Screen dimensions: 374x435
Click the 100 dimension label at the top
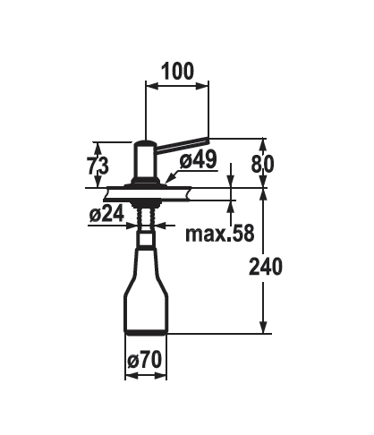coord(177,72)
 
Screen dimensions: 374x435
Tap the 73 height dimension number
coord(98,166)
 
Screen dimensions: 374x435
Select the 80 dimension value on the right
coord(262,164)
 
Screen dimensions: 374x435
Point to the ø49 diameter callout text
coord(198,159)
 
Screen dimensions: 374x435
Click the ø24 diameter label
coord(106,214)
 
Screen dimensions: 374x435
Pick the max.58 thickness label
coord(220,233)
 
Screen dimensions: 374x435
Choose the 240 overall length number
coord(266,267)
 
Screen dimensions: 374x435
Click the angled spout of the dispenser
coord(182,144)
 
